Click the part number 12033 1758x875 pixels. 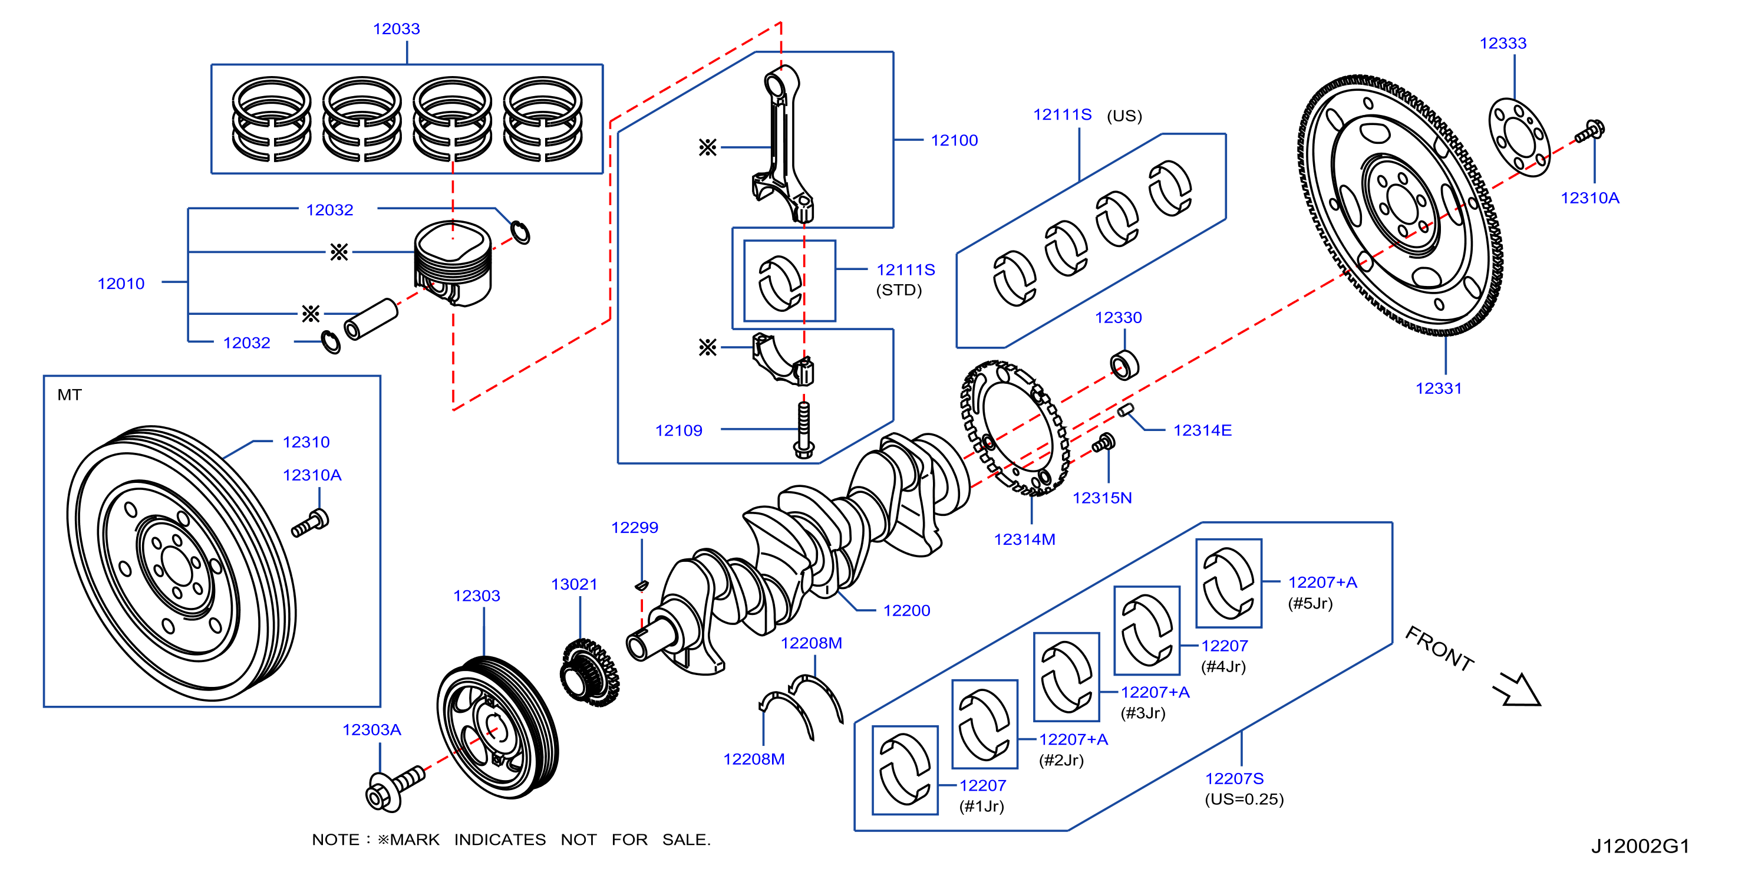pyautogui.click(x=396, y=29)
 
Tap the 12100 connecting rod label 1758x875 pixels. pyautogui.click(x=954, y=140)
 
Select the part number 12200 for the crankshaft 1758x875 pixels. pyautogui.click(x=906, y=611)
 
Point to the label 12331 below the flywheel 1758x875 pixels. pyautogui.click(x=1439, y=389)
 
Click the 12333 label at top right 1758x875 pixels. pyautogui.click(x=1503, y=44)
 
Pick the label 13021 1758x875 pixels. pyautogui.click(x=574, y=584)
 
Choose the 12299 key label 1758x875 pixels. pyautogui.click(x=635, y=528)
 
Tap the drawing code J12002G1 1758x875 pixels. pyautogui.click(x=1640, y=846)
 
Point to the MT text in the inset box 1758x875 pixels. pyautogui.click(x=70, y=395)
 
